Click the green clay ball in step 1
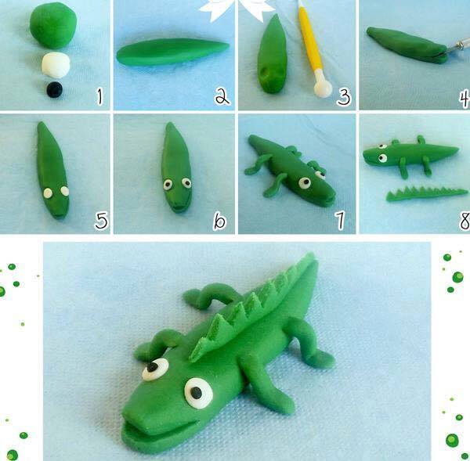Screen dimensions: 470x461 (53, 25)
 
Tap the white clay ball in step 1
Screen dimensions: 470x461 (56, 65)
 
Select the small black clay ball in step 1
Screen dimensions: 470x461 (55, 89)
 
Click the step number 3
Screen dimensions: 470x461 (344, 97)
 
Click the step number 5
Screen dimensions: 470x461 (101, 221)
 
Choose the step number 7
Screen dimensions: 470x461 (340, 220)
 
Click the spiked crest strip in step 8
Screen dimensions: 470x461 (425, 194)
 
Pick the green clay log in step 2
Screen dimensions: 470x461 (173, 52)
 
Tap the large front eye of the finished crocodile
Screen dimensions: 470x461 (198, 393)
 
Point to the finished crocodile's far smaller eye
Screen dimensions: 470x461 (155, 369)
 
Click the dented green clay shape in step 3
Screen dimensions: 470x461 (272, 55)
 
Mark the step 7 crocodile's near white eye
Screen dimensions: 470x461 (305, 182)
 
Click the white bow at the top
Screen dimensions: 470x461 (237, 9)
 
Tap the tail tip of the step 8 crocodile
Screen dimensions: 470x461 (457, 148)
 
